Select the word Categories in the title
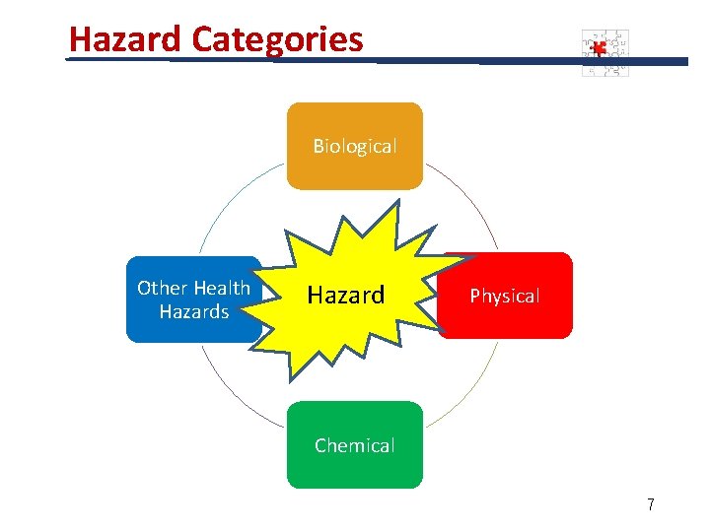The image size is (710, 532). (x=277, y=39)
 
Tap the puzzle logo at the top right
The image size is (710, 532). (x=604, y=52)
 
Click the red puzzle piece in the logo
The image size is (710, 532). (x=597, y=46)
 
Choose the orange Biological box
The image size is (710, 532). (x=354, y=146)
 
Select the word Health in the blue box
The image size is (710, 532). (x=221, y=288)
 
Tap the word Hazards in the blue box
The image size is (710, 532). (x=194, y=312)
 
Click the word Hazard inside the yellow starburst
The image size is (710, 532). (x=346, y=295)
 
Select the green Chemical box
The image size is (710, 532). (x=354, y=445)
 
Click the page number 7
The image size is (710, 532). (x=650, y=505)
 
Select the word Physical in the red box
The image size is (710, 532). (x=504, y=297)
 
